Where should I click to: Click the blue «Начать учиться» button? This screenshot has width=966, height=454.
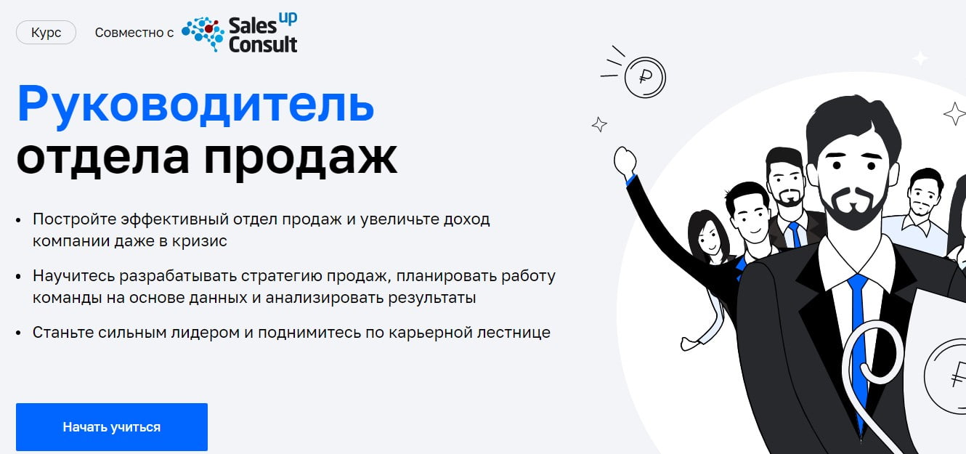[111, 427]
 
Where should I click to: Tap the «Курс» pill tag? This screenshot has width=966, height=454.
[46, 33]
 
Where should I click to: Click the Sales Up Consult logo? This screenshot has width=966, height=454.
[240, 34]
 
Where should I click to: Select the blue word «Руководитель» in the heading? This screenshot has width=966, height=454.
[195, 103]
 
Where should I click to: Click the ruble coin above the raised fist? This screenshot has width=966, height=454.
[644, 77]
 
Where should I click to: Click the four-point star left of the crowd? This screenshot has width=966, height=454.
[599, 125]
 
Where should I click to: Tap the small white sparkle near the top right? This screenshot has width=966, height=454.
[920, 58]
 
